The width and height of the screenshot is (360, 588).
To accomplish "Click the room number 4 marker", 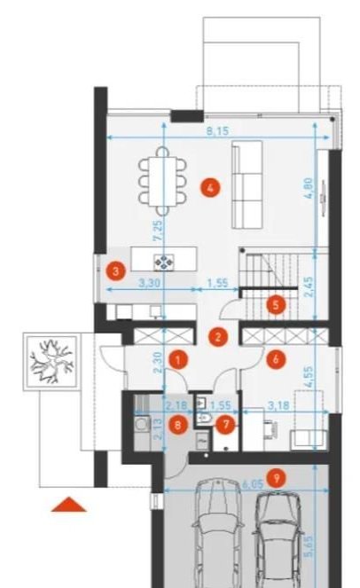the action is coord(210,188).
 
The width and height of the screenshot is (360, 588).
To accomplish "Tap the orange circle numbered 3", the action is coord(115,270).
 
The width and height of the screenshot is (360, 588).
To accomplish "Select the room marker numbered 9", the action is coord(277,478).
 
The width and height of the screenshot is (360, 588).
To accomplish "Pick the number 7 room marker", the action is coord(226,425).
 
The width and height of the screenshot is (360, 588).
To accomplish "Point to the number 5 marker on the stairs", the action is coord(276,305).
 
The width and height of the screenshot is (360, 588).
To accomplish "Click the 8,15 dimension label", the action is coord(217,131).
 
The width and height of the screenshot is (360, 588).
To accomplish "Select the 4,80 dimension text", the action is coord(309,188).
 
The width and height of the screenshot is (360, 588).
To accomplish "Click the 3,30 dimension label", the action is coord(149,283).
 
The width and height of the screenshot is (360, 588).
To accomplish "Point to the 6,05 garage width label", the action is coord(253,484).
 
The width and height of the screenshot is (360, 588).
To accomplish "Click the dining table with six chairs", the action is coord(162,182).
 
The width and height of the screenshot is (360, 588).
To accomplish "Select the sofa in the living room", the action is coord(247,184).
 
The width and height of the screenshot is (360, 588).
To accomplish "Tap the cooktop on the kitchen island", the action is coord(164,263).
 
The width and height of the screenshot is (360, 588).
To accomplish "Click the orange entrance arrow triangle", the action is coord(68,505).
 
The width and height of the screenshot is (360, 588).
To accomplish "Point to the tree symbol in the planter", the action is coord(51,362).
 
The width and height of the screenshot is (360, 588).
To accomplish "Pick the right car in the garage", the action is coord(278,540).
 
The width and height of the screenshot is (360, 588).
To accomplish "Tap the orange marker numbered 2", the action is coord(218,336).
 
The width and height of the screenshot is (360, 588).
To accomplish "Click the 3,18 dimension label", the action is coord(277,405).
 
